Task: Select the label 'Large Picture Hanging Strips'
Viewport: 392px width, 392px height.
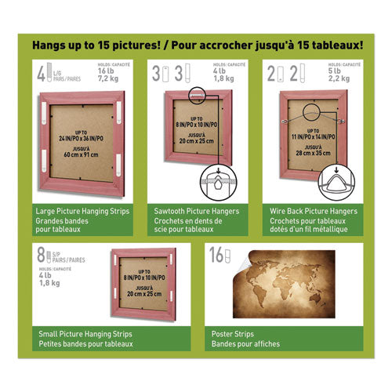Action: coord(83,212)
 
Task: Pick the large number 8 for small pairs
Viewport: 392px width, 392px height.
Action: coord(40,254)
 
